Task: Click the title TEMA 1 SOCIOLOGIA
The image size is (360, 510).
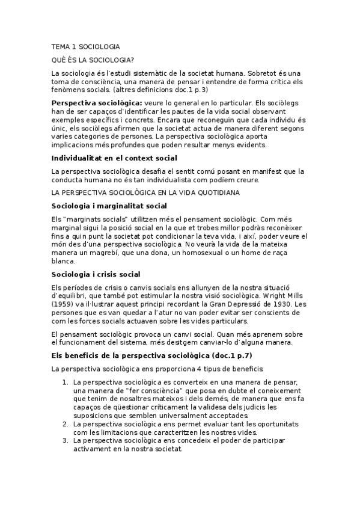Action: point(85,46)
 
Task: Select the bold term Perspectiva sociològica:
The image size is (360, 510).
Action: point(97,103)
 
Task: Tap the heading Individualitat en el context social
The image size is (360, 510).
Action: point(114,158)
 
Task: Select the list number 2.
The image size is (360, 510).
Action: point(65,424)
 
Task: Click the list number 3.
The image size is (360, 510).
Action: point(65,441)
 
